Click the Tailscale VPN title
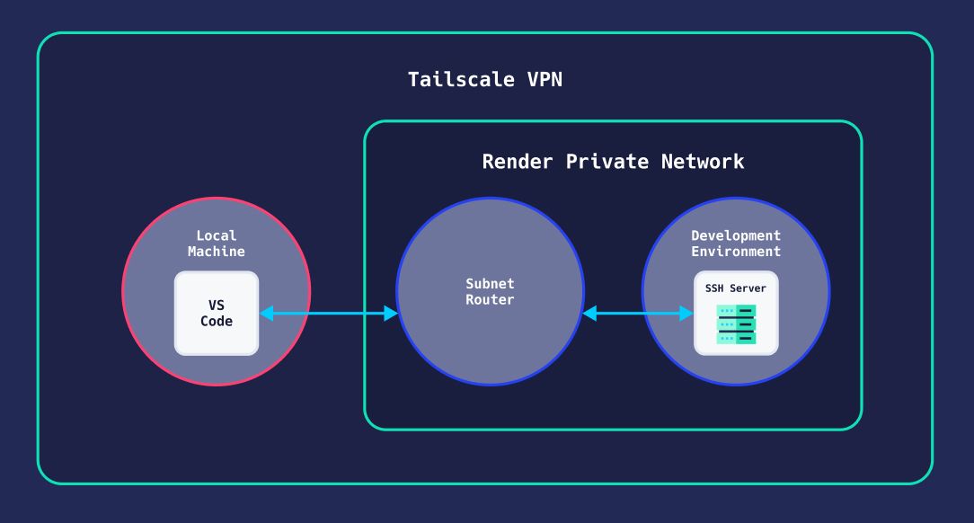pos(485,79)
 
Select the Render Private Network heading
pos(613,162)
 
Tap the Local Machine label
pos(216,244)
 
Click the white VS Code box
pos(216,313)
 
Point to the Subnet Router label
pos(490,291)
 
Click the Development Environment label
pos(736,244)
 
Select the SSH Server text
pos(736,288)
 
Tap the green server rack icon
pos(736,324)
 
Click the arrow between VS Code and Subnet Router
pos(329,313)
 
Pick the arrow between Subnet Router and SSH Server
pos(638,313)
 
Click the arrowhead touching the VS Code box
pos(267,313)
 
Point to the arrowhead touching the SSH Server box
pos(686,313)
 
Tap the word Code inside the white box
pos(216,321)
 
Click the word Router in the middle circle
pos(490,299)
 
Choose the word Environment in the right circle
pos(736,252)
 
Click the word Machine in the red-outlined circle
pos(216,252)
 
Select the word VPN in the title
pos(545,79)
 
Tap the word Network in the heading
pos(703,162)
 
